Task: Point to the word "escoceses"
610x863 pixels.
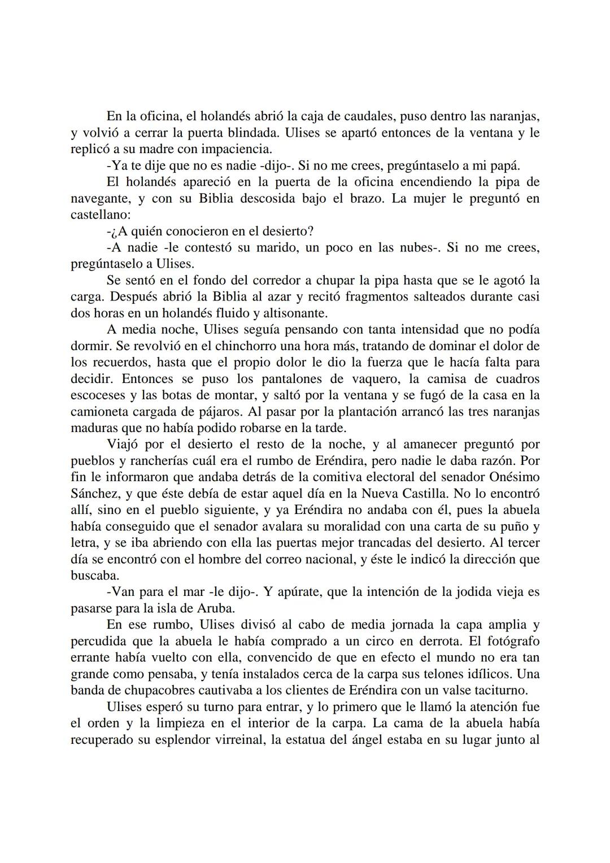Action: [x=95, y=395]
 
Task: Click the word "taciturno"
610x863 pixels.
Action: [x=498, y=690]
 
